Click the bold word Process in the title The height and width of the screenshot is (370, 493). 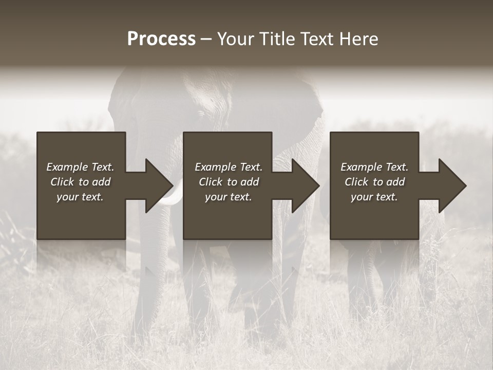click(161, 39)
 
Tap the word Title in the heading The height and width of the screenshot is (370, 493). click(278, 39)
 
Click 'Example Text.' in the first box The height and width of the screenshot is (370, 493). click(80, 167)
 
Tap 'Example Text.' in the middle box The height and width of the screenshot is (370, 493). click(229, 167)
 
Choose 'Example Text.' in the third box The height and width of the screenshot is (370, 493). click(374, 167)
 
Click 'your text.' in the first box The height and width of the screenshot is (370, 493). click(80, 197)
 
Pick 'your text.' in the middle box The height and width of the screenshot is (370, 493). click(229, 197)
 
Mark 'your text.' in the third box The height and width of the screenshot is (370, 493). click(374, 197)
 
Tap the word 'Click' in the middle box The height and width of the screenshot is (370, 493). click(211, 182)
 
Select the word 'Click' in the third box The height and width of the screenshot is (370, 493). click(356, 182)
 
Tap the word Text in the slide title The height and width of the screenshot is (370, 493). click(316, 39)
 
